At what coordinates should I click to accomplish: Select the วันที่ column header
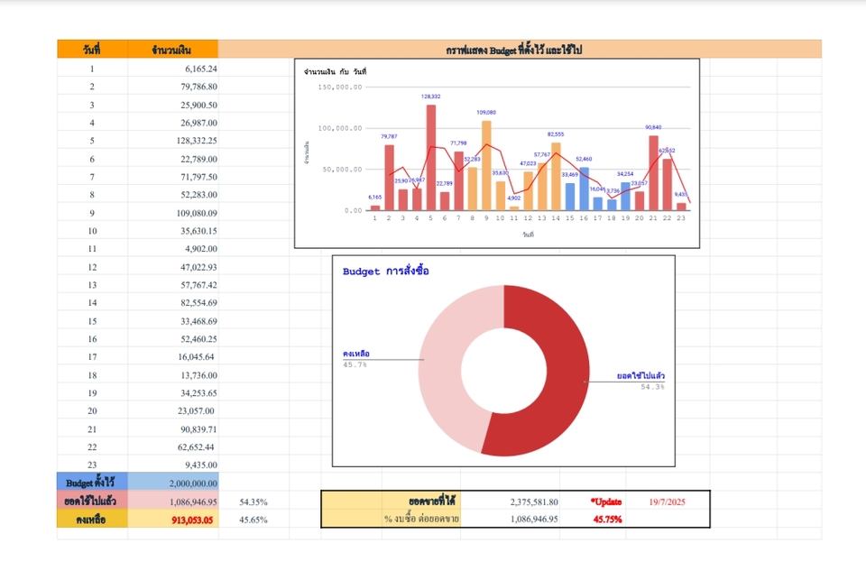pyautogui.click(x=92, y=50)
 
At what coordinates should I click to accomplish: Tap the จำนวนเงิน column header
pyautogui.click(x=172, y=50)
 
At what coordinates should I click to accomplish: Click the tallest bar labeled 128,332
pyautogui.click(x=431, y=158)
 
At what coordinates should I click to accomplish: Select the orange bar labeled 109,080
pyautogui.click(x=486, y=165)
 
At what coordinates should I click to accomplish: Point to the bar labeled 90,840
pyautogui.click(x=653, y=172)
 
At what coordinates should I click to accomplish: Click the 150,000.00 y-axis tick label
pyautogui.click(x=340, y=87)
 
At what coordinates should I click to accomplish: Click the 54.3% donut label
pyautogui.click(x=652, y=387)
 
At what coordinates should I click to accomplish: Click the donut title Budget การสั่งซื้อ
pyautogui.click(x=386, y=271)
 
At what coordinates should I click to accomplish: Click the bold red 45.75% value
pyautogui.click(x=606, y=520)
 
